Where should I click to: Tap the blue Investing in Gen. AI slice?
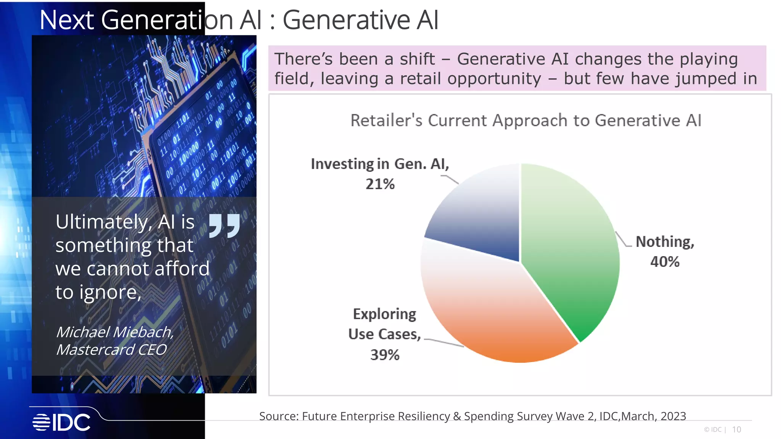pos(480,217)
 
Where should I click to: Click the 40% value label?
pos(665,262)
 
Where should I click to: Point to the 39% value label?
pos(385,355)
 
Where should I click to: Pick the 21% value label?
pos(380,184)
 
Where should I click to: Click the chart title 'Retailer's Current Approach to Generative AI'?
pos(525,120)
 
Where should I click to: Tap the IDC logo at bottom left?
pos(61,422)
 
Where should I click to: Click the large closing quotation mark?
pos(225,226)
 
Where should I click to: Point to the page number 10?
pos(736,429)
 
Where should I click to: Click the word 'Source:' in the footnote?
pos(279,416)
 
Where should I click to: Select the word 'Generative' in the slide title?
pos(346,20)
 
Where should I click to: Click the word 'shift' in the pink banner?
pos(417,59)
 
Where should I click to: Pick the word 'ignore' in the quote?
pos(108,293)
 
